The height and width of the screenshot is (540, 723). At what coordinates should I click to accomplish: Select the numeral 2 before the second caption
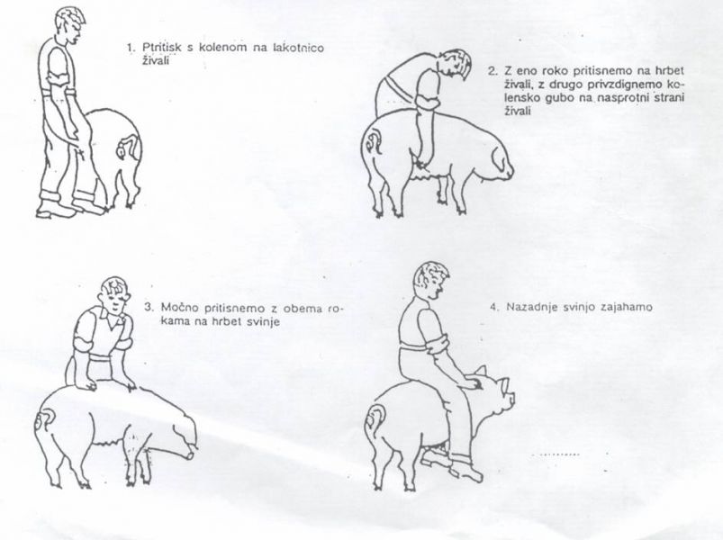[x=492, y=71]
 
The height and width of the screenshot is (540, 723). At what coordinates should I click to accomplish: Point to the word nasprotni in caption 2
[x=618, y=98]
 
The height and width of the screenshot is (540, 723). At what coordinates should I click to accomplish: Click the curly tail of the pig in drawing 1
[x=128, y=147]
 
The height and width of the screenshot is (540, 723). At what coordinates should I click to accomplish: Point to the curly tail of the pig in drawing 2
[x=373, y=140]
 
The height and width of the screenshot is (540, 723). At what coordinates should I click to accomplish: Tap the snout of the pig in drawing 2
[x=508, y=171]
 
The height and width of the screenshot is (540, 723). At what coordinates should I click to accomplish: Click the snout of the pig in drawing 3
[x=191, y=454]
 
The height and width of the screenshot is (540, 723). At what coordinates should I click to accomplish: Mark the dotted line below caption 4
[x=556, y=454]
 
